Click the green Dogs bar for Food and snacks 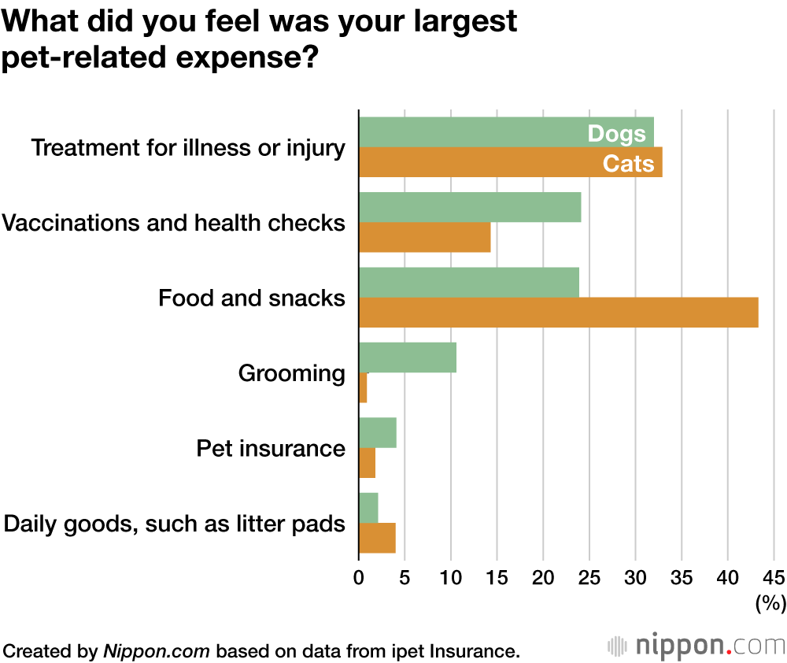[469, 283]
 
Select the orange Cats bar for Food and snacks [558, 313]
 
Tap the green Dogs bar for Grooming [408, 357]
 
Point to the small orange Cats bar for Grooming [363, 387]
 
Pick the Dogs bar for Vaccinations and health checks [470, 207]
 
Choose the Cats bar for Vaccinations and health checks [424, 237]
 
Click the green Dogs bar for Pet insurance [378, 433]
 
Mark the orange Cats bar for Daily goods [377, 539]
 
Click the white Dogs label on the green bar [616, 134]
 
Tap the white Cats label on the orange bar [628, 163]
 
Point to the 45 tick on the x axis [774, 577]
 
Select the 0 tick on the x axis [359, 577]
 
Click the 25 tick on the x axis [589, 577]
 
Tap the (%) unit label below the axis [770, 604]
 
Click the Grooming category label [291, 373]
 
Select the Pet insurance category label [270, 449]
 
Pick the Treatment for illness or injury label [187, 147]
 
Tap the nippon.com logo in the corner [696, 646]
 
